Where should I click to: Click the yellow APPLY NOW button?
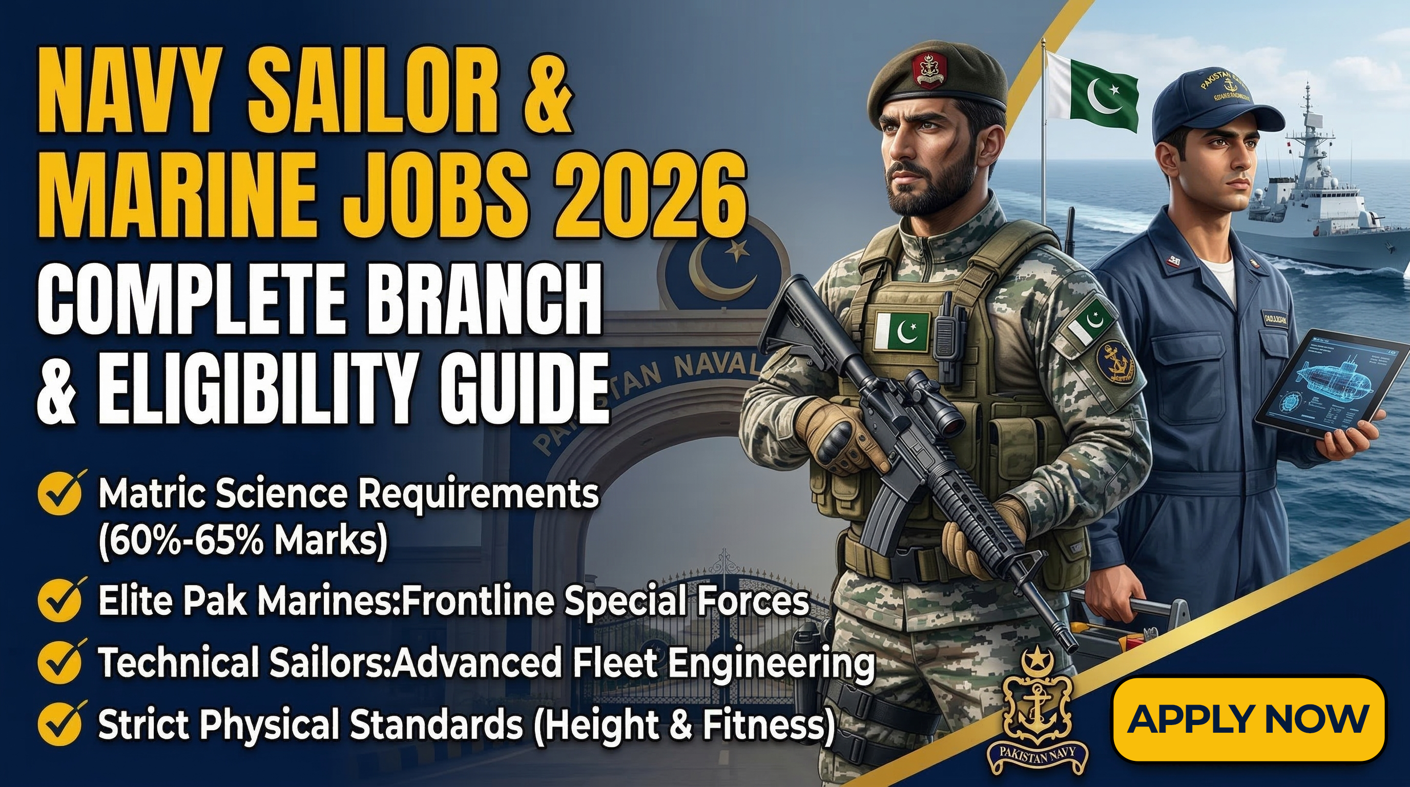coord(1249,718)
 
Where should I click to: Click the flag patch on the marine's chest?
coord(903,332)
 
